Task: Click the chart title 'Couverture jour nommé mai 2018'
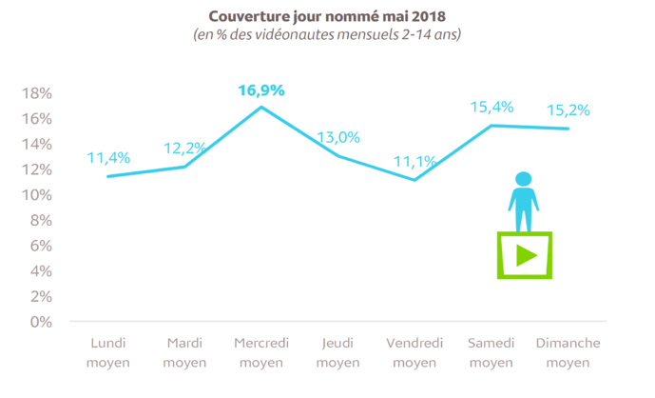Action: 327,15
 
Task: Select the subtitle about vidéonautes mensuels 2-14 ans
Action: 327,35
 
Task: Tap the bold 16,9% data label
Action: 260,90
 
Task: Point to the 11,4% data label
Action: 107,158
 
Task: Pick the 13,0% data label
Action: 337,137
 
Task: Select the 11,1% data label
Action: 414,162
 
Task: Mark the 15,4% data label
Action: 491,107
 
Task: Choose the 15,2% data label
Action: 568,109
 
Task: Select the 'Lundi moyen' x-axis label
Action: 107,351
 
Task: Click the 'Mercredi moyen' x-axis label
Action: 260,351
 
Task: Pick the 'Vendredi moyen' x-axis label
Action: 414,351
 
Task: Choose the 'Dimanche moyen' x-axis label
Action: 568,351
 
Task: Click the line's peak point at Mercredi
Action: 261,107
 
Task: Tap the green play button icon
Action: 524,255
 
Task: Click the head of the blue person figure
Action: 523,179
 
